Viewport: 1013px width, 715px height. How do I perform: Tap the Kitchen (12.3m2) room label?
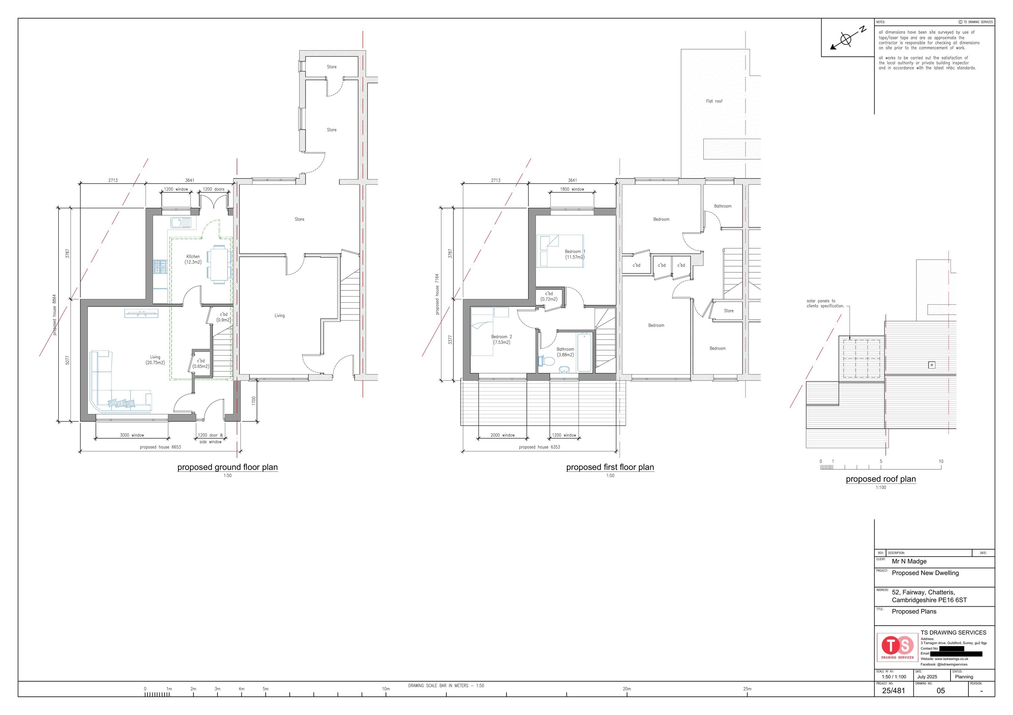pyautogui.click(x=193, y=259)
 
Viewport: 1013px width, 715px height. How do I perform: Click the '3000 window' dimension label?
pyautogui.click(x=132, y=435)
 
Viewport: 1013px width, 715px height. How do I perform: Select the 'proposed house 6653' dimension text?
pyautogui.click(x=160, y=447)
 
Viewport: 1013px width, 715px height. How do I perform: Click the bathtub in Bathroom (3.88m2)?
pyautogui.click(x=584, y=353)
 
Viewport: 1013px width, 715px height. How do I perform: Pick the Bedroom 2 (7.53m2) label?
pyautogui.click(x=502, y=339)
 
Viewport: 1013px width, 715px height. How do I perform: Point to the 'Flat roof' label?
pyautogui.click(x=714, y=101)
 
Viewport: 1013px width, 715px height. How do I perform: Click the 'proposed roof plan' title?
pyautogui.click(x=881, y=479)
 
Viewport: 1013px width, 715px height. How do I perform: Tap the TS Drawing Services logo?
pyautogui.click(x=898, y=647)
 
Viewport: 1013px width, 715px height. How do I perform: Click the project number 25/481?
pyautogui.click(x=893, y=691)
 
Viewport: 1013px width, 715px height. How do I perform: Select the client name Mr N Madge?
pyautogui.click(x=909, y=561)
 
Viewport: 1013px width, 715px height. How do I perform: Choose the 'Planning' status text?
pyautogui.click(x=964, y=677)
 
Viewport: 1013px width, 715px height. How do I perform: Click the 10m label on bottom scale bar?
pyautogui.click(x=386, y=689)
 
